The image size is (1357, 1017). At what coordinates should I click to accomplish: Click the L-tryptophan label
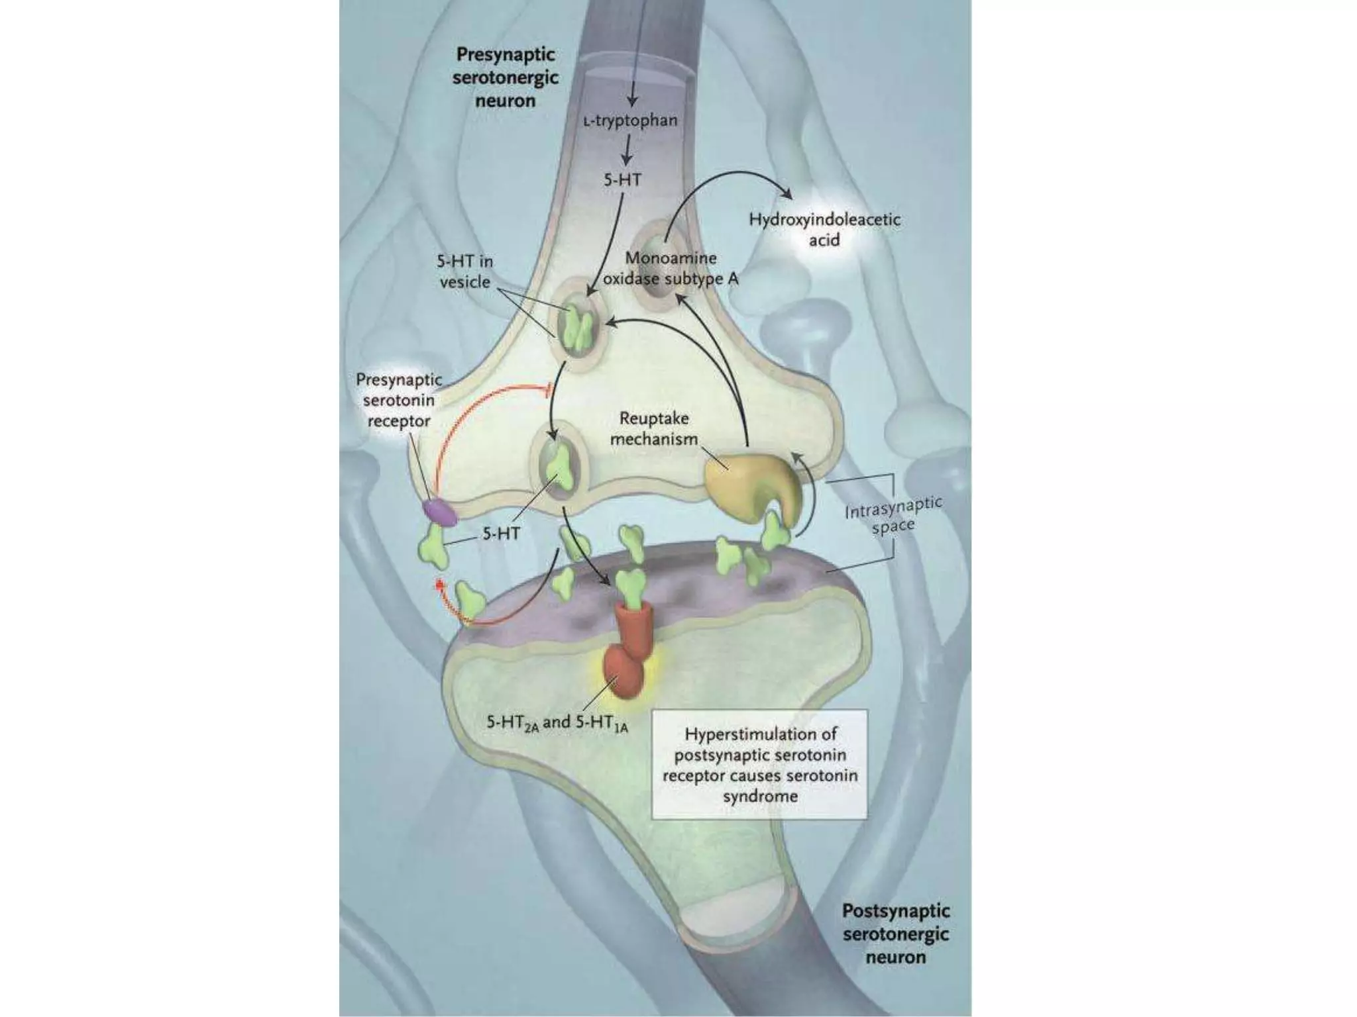pos(630,121)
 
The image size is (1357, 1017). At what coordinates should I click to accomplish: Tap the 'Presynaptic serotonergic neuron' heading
pos(505,77)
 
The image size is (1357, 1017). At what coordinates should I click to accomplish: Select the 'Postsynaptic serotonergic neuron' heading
pos(895,934)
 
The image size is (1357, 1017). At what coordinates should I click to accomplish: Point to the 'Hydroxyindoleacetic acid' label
pos(824,229)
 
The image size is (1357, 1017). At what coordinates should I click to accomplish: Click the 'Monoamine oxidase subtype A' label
pos(671,269)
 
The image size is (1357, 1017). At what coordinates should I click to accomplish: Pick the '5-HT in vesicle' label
pos(464,271)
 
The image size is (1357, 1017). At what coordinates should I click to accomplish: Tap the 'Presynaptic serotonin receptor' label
pos(399,400)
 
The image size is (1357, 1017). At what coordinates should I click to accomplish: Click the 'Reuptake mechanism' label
pos(653,428)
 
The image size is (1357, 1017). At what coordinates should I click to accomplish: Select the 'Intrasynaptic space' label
pos(893,516)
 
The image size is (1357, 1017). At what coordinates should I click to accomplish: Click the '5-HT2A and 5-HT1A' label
pos(557,722)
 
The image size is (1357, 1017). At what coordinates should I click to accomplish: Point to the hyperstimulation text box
pos(759,764)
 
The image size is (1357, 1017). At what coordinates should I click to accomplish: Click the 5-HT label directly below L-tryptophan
pos(622,179)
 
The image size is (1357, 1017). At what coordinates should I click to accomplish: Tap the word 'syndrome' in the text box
pos(760,796)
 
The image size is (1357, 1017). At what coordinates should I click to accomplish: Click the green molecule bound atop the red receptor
pos(631,587)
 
